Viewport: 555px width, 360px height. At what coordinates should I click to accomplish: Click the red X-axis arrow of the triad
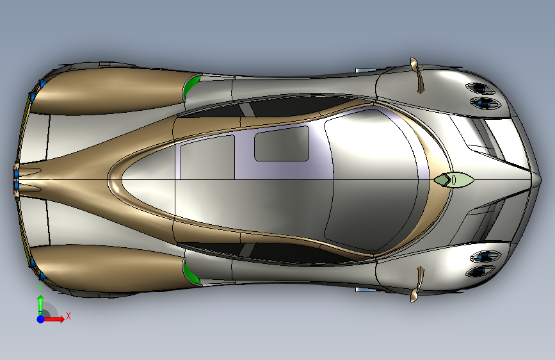(x=56, y=319)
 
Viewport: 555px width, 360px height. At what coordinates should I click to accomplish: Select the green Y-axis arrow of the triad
(x=40, y=303)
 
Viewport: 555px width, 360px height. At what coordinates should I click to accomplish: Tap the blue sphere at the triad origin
(x=40, y=318)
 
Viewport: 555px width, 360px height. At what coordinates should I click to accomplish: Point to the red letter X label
(x=68, y=315)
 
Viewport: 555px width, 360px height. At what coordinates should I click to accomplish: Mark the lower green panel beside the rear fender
(x=190, y=272)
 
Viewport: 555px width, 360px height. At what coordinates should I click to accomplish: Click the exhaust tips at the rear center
(x=16, y=179)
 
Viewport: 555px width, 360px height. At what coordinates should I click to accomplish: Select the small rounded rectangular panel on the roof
(x=282, y=143)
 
